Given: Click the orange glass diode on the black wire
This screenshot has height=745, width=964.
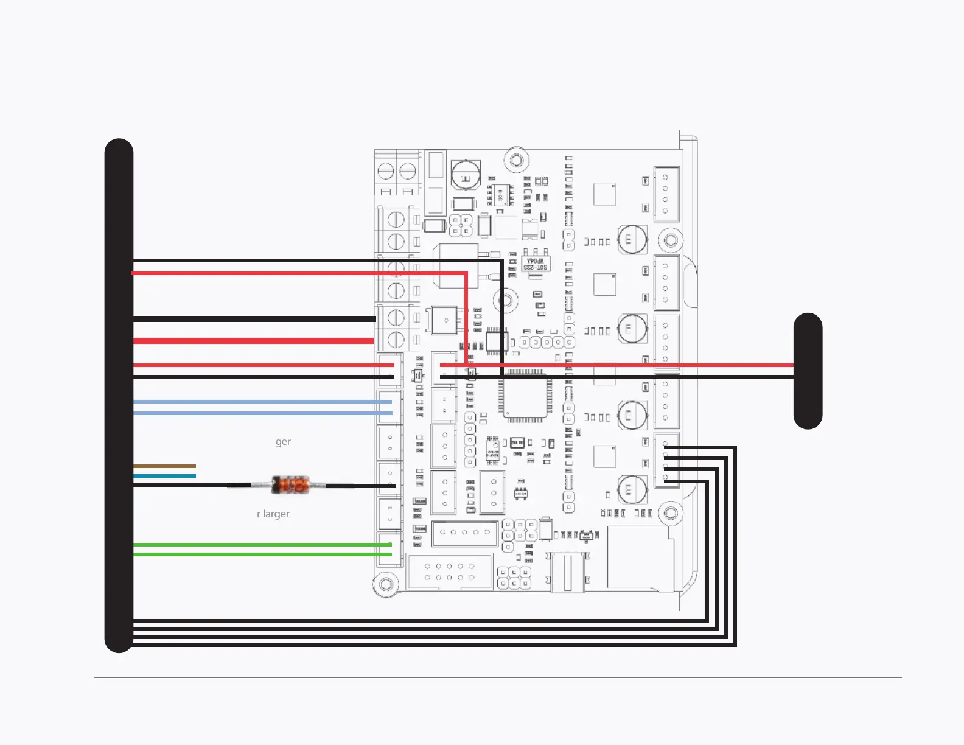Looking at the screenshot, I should (x=290, y=484).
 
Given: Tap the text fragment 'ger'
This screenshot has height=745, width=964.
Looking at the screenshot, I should (x=283, y=441).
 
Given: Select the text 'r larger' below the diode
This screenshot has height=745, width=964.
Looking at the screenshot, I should (x=273, y=514).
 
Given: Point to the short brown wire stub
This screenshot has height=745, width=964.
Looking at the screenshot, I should (x=164, y=466).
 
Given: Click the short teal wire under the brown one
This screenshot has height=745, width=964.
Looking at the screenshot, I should (x=164, y=475).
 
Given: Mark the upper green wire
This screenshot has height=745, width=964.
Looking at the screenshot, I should (x=262, y=544).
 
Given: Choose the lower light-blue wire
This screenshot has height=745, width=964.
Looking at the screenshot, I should (x=262, y=413).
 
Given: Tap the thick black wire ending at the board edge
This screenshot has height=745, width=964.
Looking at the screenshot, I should (x=254, y=319).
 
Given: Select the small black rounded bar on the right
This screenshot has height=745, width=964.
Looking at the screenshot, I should (x=808, y=371).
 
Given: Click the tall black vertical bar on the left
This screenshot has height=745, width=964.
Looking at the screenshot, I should (x=119, y=396).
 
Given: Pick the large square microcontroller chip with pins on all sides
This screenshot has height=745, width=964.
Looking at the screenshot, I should (x=525, y=396).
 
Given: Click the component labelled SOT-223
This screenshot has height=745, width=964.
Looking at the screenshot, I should (x=536, y=264).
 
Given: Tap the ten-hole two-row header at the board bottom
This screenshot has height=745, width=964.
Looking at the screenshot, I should (x=450, y=572).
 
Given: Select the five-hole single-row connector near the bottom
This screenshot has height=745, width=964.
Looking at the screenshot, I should (x=465, y=533).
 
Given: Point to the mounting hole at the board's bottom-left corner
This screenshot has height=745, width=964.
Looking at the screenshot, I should (x=385, y=584).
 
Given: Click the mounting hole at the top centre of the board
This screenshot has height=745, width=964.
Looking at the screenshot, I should (x=516, y=161).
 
